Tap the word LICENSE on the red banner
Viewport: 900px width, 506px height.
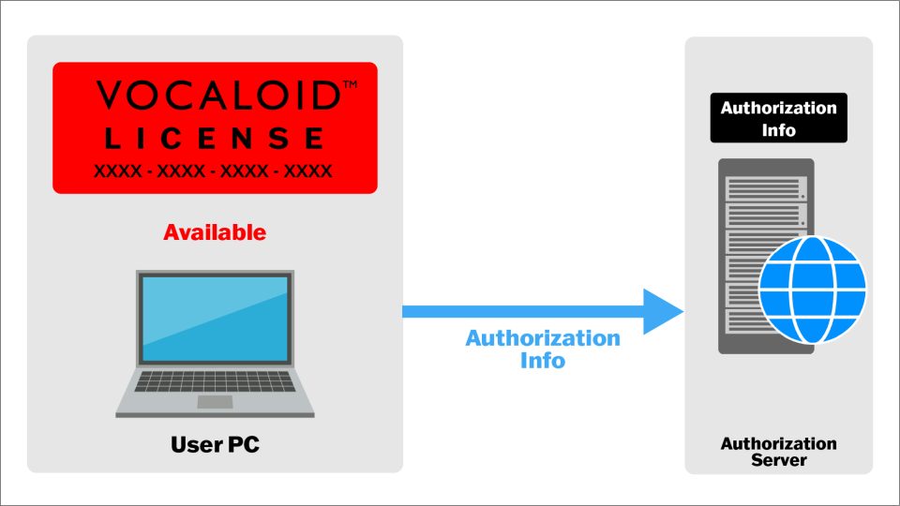(214, 140)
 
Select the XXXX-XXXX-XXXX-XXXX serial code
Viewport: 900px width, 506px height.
(213, 171)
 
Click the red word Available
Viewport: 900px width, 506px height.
(215, 232)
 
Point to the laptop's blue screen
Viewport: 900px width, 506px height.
(215, 318)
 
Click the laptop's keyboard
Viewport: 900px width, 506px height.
(215, 380)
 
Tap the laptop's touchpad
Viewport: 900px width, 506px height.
(215, 402)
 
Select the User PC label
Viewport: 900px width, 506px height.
(215, 444)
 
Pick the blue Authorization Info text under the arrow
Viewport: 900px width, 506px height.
(543, 349)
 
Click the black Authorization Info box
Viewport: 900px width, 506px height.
(778, 118)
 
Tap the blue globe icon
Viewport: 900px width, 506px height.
(812, 289)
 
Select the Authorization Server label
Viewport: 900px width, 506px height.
(778, 452)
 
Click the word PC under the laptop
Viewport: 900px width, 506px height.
(243, 444)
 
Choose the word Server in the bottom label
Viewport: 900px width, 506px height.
(778, 461)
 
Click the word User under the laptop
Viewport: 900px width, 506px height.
(196, 444)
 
